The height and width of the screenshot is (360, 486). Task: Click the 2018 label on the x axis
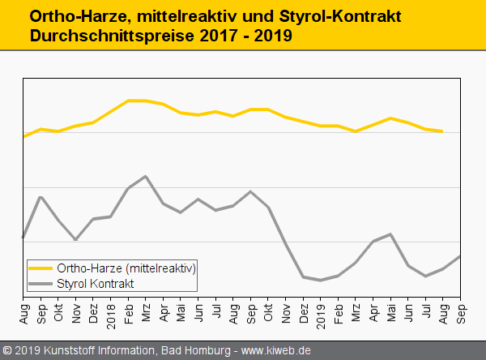point(111,314)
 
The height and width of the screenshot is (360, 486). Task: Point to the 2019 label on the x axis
point(320,314)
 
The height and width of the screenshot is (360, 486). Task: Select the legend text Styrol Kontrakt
point(96,284)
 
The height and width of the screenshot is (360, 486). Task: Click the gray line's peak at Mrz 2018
point(145,176)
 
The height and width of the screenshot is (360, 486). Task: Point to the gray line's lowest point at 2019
point(320,281)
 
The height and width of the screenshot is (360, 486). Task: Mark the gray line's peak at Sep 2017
point(40,197)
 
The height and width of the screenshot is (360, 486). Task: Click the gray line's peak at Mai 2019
point(390,234)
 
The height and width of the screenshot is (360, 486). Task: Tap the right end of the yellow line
point(442,131)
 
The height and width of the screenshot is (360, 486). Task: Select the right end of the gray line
point(460,256)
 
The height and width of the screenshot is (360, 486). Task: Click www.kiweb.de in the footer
point(277,351)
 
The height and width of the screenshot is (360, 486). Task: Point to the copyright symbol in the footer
point(7,351)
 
